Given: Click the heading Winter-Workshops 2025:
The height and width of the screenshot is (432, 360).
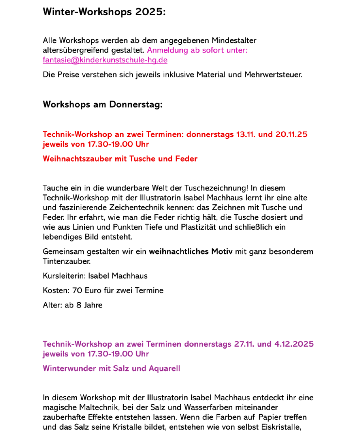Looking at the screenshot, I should (x=104, y=12).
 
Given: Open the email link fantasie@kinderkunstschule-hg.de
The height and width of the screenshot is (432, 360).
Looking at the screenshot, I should (x=105, y=60).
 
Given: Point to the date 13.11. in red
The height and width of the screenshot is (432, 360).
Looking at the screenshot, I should (x=246, y=135).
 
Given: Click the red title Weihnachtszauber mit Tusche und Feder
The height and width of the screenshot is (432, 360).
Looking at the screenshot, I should (x=120, y=159).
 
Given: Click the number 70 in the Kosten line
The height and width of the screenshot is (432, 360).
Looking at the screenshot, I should (x=77, y=291).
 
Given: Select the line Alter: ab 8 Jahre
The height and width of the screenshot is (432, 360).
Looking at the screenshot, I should (x=72, y=305).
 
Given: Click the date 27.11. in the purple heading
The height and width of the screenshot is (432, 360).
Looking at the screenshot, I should (x=244, y=344).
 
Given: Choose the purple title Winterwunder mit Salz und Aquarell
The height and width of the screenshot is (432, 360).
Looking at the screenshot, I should (x=111, y=369).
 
